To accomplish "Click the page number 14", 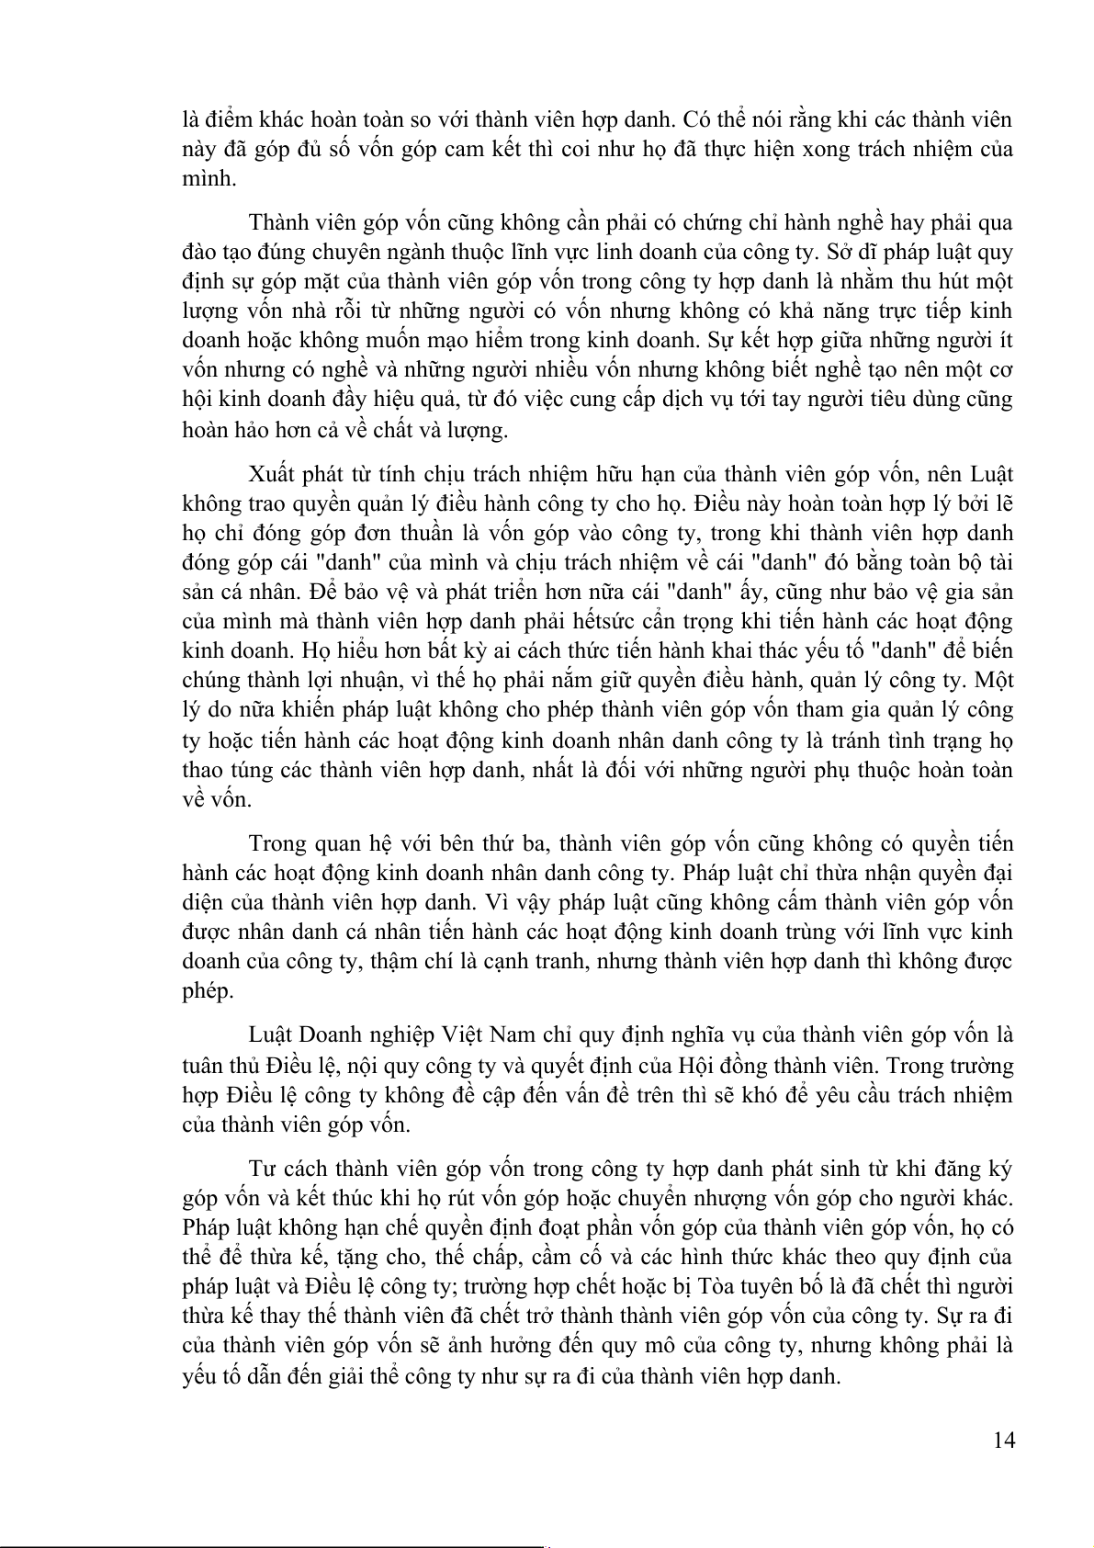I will (x=1004, y=1440).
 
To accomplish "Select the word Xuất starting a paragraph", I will (x=272, y=474).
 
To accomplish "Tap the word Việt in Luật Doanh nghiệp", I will (x=466, y=1034).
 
